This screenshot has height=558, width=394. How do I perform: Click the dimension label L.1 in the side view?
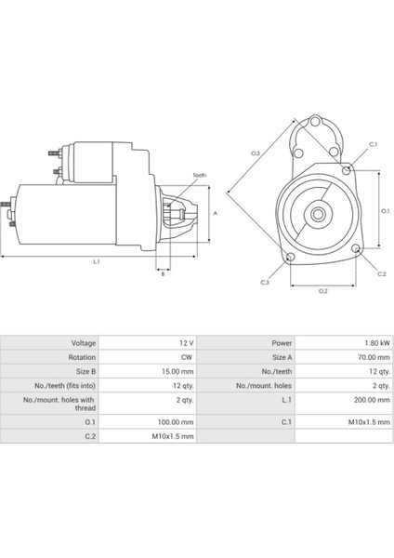[97, 263]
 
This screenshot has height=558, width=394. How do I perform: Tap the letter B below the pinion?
[163, 274]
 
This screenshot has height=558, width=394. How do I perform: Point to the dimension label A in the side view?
[217, 213]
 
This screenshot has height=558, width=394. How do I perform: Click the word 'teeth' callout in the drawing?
[199, 176]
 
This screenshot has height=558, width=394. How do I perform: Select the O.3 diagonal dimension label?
[256, 153]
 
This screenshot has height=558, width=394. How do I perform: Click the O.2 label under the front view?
[322, 291]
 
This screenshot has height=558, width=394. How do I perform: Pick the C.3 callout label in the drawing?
[265, 282]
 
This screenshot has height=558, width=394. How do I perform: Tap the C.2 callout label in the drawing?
[382, 274]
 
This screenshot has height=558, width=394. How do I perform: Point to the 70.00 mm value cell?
[361, 356]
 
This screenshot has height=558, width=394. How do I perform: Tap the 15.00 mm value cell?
[177, 370]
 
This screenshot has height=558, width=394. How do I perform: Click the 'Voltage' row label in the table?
[77, 341]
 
